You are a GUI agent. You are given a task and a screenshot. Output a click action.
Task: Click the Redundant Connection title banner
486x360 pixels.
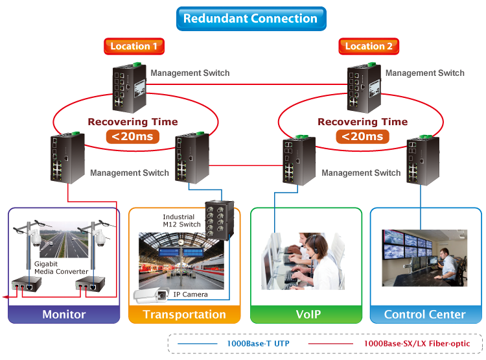[x=251, y=18]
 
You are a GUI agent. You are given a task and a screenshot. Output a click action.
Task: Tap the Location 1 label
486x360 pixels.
[x=134, y=46]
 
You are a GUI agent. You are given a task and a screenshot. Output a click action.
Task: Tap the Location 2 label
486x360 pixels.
[x=369, y=46]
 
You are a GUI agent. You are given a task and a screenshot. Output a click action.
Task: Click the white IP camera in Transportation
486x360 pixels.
[x=156, y=296]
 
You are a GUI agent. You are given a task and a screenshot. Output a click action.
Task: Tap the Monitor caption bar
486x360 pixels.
[x=64, y=315]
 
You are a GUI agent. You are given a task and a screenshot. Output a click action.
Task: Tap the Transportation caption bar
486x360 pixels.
[x=185, y=315]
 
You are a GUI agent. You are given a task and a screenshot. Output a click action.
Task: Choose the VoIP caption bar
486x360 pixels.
[x=307, y=315]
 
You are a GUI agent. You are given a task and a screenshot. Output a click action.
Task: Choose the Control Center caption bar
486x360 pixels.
[x=425, y=315]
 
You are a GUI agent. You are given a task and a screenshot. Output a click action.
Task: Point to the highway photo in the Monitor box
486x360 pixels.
[x=64, y=240]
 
